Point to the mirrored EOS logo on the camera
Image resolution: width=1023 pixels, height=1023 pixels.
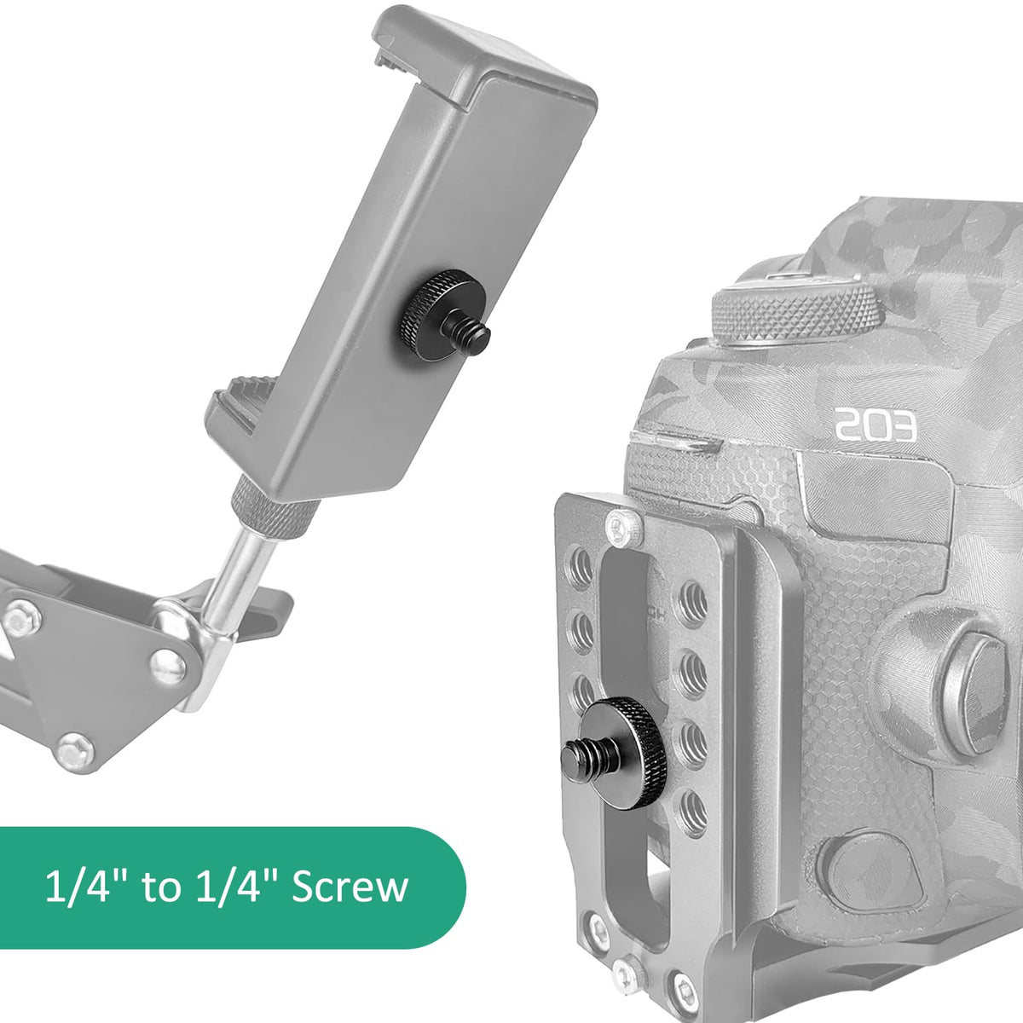876,425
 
